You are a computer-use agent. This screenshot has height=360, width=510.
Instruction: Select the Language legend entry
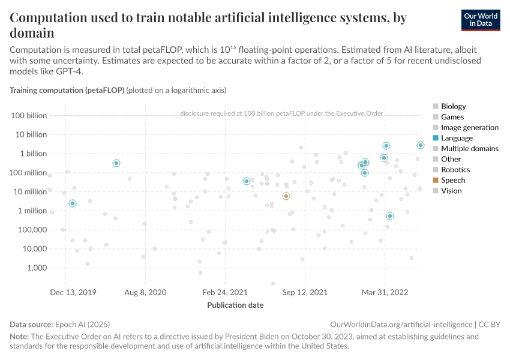pyautogui.click(x=457, y=138)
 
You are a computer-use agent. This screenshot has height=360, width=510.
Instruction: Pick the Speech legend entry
pyautogui.click(x=452, y=180)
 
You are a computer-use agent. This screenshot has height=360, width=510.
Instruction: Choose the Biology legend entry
pyautogui.click(x=453, y=106)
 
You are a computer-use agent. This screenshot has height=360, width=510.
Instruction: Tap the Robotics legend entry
pyautogui.click(x=455, y=170)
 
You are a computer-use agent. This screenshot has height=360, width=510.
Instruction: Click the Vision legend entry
pyautogui.click(x=451, y=191)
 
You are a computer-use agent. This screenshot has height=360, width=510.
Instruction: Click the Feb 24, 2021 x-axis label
pyautogui.click(x=226, y=292)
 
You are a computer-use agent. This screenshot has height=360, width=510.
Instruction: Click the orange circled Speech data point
pyautogui.click(x=286, y=196)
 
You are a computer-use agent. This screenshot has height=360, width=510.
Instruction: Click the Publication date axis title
pyautogui.click(x=235, y=305)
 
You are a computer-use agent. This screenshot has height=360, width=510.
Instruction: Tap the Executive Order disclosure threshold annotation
pyautogui.click(x=281, y=113)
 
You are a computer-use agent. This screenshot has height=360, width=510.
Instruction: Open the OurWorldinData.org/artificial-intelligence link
pyautogui.click(x=401, y=324)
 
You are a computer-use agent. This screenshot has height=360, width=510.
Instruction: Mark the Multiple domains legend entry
pyautogui.click(x=469, y=148)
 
